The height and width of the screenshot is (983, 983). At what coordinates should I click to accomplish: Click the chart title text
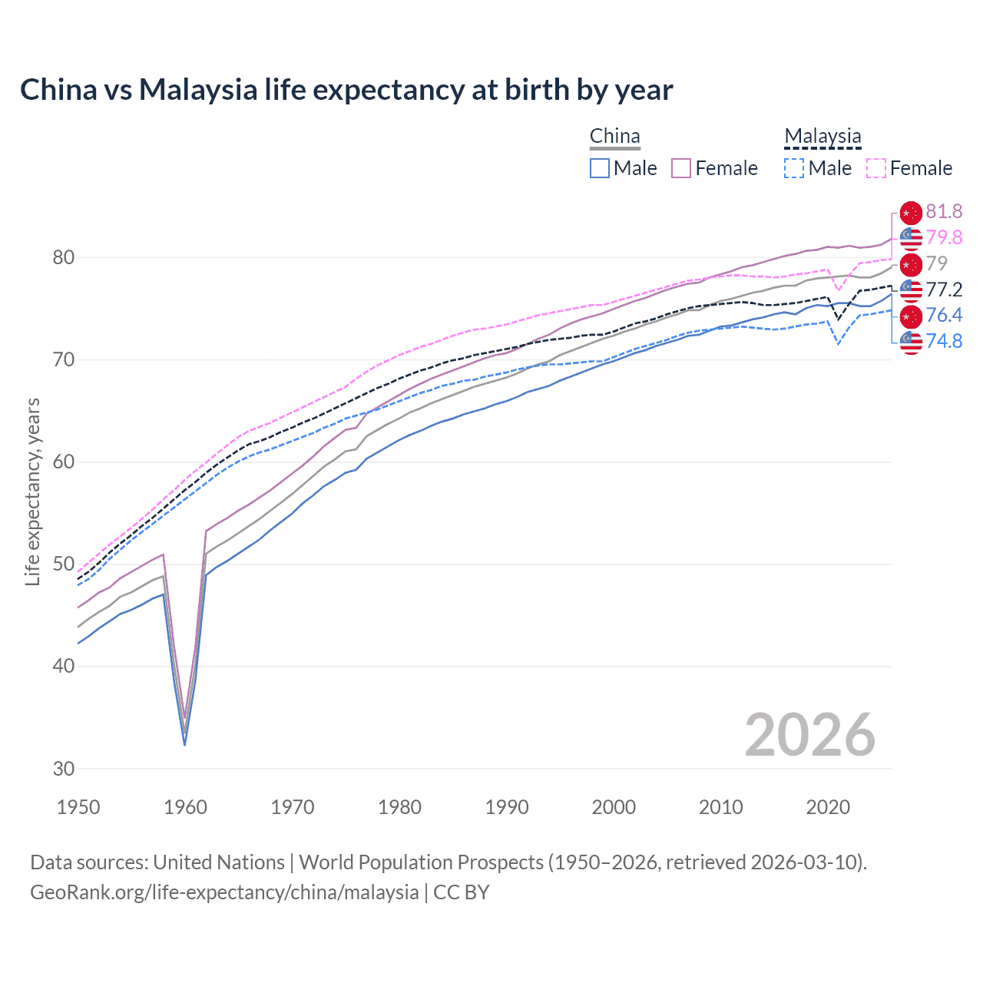[x=346, y=90]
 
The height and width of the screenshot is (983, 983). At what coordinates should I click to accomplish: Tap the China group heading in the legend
[x=614, y=136]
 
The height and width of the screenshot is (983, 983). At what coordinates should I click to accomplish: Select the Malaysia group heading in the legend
[x=822, y=136]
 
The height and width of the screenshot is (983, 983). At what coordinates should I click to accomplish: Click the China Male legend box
[x=600, y=168]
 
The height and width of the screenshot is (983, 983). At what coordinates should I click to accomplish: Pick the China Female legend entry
[x=715, y=168]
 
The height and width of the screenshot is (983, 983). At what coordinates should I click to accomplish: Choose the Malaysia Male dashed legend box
[x=795, y=168]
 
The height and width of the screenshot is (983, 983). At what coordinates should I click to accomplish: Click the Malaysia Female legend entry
[x=910, y=168]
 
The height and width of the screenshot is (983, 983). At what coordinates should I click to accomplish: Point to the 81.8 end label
[x=944, y=211]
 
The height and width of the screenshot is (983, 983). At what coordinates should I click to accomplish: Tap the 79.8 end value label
[x=944, y=237]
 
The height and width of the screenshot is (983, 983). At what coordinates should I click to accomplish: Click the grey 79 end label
[x=937, y=263]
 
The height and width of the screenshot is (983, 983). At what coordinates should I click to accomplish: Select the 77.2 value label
[x=944, y=290]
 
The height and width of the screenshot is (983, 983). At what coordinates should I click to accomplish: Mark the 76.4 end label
[x=944, y=315]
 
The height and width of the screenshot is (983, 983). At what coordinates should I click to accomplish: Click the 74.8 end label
[x=944, y=341]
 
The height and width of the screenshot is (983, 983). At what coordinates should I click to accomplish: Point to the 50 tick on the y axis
[x=64, y=564]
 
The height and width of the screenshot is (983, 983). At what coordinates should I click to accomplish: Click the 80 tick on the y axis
[x=64, y=257]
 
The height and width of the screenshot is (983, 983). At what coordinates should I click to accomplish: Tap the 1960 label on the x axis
[x=186, y=807]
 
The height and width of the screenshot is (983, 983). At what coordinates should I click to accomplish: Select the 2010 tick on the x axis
[x=720, y=807]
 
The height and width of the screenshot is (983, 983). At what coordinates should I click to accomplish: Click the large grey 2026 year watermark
[x=809, y=735]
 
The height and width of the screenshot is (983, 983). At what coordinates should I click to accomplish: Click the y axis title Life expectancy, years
[x=32, y=491]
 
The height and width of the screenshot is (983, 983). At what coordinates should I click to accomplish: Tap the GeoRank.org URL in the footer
[x=224, y=892]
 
